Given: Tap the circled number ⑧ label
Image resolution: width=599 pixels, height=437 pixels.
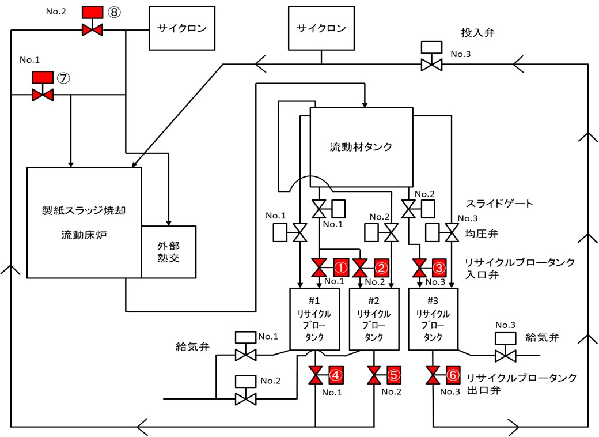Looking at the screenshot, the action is coord(114,12).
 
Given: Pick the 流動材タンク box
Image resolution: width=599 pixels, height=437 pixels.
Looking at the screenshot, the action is coord(361,148).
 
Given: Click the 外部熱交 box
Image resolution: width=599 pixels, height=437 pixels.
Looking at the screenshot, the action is coord(169,252).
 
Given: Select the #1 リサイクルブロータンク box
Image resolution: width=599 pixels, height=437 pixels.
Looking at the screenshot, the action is coord(315,319).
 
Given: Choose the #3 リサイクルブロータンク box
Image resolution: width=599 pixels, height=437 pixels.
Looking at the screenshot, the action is coord(433,319).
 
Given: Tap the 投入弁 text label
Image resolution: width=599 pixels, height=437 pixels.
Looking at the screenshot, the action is coord(478,33).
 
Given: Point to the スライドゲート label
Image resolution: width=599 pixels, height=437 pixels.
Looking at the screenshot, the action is coord(499,204).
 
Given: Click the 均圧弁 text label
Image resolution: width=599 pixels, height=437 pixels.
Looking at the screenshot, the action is coord(482,233).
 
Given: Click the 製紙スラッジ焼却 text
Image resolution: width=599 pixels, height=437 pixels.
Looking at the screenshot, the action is coord(84,210).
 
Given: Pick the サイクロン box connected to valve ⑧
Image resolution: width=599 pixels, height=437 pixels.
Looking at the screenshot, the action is coord(182,28).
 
